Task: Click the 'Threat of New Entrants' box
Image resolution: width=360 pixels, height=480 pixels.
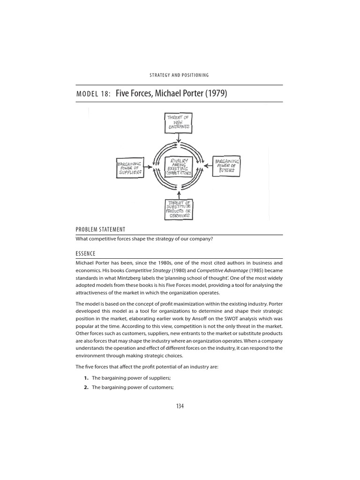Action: tap(178, 122)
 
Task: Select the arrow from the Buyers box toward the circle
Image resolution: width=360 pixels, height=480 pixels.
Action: tap(208, 165)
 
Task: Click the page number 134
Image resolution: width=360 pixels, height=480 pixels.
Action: tap(180, 406)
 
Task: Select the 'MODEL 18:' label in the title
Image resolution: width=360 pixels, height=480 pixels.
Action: tap(93, 94)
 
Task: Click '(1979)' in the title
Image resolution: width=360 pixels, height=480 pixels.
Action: tap(215, 93)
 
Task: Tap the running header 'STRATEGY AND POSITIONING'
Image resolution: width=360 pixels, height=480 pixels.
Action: tap(179, 75)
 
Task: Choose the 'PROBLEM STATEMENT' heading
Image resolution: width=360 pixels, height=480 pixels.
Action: tap(100, 229)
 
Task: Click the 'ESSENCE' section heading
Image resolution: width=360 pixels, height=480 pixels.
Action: tap(85, 254)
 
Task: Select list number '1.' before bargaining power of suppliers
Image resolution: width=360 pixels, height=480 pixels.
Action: tap(86, 378)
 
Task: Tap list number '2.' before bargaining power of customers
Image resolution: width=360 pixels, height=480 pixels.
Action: tap(86, 387)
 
